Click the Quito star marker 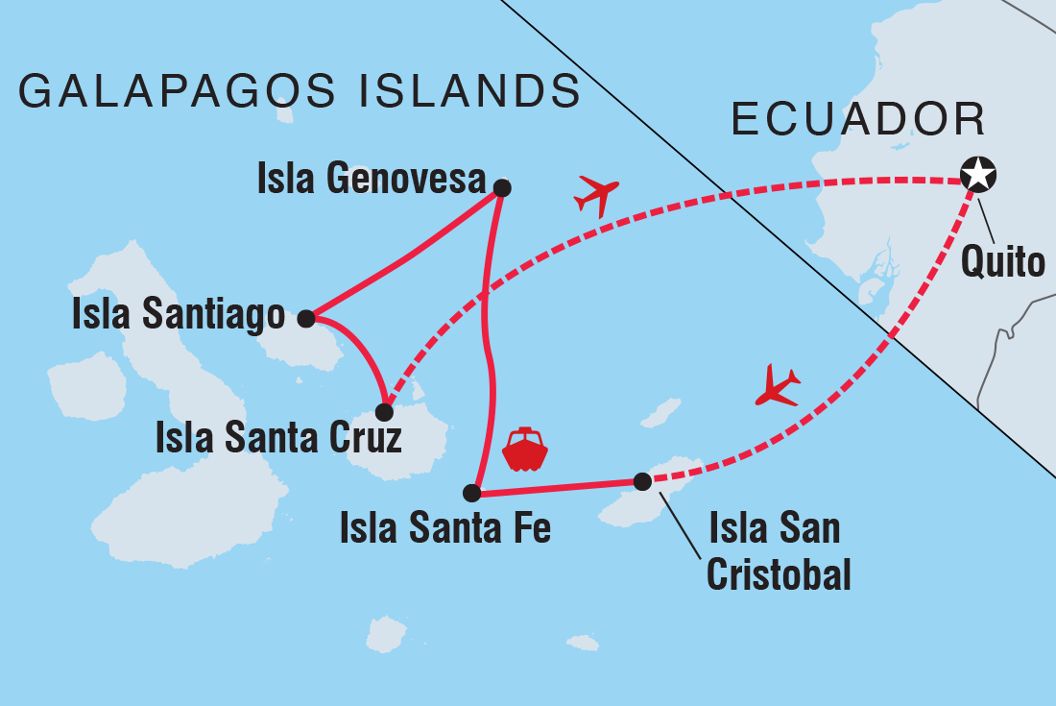click(978, 176)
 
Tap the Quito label click(1003, 260)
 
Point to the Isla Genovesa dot click(501, 187)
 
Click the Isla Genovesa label click(371, 178)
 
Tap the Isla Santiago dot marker click(306, 318)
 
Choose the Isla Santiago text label click(179, 315)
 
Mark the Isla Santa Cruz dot click(384, 412)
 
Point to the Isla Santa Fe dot click(471, 493)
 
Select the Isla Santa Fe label click(445, 528)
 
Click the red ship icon click(524, 450)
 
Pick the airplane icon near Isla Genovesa click(597, 195)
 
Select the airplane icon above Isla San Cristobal click(778, 386)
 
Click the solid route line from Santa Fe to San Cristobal click(557, 488)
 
